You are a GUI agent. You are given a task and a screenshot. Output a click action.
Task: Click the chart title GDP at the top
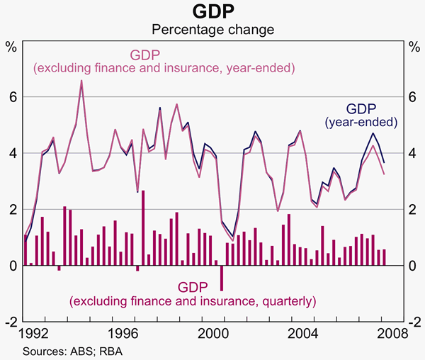tap(212, 12)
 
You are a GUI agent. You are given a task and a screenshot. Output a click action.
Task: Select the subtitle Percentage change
tap(212, 30)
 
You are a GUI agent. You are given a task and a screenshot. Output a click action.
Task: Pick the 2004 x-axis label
tap(302, 333)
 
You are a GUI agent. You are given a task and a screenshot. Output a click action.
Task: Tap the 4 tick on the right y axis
tap(413, 153)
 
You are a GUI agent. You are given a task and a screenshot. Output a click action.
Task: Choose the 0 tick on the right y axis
tap(413, 266)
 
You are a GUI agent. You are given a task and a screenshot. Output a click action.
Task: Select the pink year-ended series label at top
tap(164, 62)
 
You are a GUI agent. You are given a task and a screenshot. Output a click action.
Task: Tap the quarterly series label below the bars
tap(192, 294)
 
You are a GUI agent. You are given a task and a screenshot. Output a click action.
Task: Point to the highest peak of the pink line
tap(81, 81)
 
